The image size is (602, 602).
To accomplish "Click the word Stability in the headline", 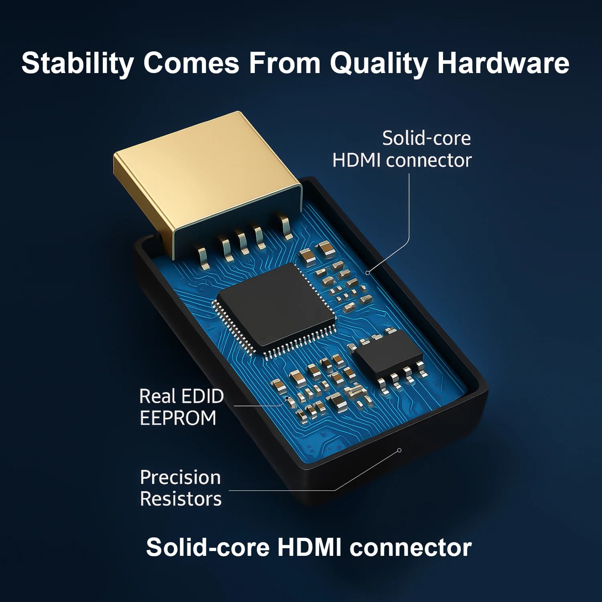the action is [x=77, y=63].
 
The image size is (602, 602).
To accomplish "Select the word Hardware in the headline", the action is [x=503, y=63].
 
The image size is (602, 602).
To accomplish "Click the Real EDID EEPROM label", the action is [x=181, y=407].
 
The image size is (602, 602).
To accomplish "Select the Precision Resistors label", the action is [x=181, y=488].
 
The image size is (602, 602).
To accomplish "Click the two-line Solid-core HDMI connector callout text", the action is [x=402, y=149].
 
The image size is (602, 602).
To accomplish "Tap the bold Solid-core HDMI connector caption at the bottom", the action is [x=309, y=547].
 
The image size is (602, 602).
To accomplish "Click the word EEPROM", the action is [x=178, y=418].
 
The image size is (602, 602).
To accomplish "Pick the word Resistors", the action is [x=181, y=499].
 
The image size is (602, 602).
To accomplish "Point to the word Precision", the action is [x=180, y=478].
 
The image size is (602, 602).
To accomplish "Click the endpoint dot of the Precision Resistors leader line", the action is [x=399, y=450].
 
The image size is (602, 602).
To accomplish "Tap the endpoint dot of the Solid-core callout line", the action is [x=367, y=273].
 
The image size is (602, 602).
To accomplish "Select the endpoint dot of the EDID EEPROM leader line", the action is [x=287, y=398].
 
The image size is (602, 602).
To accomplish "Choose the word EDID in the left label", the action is [x=203, y=397].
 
